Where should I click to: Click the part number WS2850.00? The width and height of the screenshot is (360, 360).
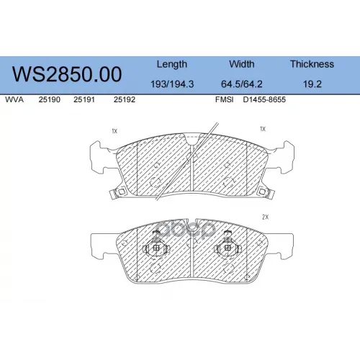point(67,74)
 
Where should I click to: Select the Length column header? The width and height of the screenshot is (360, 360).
point(172,64)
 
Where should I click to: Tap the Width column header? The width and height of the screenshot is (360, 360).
point(242,64)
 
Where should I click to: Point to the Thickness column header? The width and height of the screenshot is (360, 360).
point(312,64)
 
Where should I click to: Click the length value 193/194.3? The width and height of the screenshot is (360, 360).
point(172,84)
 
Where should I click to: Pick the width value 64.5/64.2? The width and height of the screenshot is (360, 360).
point(242,84)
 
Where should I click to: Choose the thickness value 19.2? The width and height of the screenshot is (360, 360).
point(312,84)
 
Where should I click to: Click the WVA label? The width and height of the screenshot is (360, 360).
point(14,99)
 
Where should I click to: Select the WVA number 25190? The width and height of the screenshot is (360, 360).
point(50,99)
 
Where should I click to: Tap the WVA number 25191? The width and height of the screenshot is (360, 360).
point(84,99)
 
